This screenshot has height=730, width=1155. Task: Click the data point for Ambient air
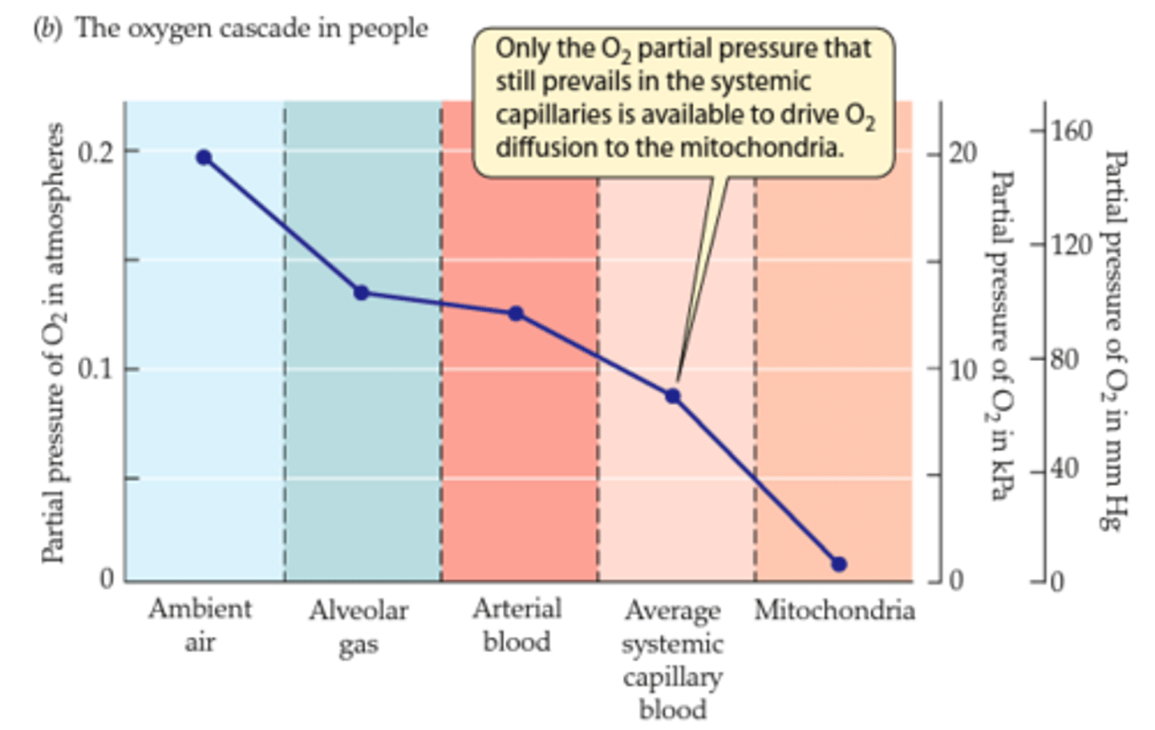[204, 157]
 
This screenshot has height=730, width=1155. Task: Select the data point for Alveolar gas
[362, 293]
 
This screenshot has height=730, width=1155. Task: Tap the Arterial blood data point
[516, 313]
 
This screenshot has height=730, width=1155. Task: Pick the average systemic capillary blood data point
[673, 396]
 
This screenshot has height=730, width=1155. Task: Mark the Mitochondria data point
[839, 565]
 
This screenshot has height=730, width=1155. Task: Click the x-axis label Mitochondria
[834, 610]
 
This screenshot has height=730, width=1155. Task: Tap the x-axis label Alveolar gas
[359, 627]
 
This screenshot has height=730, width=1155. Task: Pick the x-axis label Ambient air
[200, 625]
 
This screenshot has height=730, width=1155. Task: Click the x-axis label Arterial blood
[517, 625]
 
